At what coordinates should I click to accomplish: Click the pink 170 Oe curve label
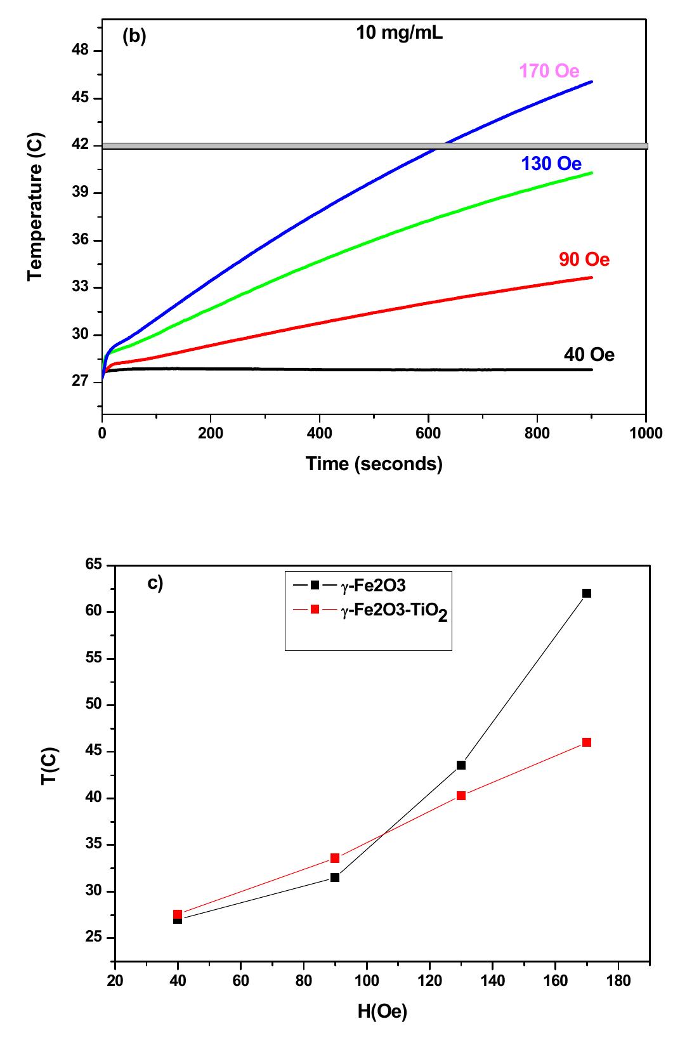click(x=549, y=71)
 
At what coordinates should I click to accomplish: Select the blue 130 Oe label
click(x=551, y=164)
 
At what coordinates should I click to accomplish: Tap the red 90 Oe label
click(x=584, y=259)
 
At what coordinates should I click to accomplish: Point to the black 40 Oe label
click(x=589, y=355)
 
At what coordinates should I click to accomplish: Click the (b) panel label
click(x=134, y=37)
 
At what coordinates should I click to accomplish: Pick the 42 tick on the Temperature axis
click(x=82, y=146)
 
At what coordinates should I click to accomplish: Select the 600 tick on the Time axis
click(x=429, y=433)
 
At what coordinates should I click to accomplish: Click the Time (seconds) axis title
click(x=374, y=464)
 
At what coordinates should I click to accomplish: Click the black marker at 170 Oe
click(x=587, y=593)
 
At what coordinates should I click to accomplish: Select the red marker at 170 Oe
click(x=587, y=742)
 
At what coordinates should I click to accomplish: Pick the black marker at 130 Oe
click(x=461, y=765)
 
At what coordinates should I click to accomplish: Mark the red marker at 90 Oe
click(x=335, y=858)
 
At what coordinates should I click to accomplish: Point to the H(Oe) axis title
click(x=382, y=1011)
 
